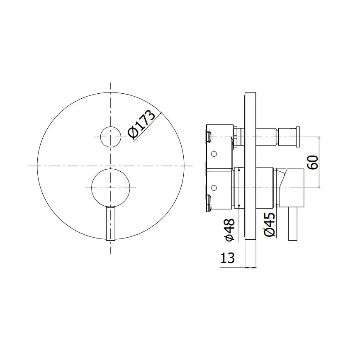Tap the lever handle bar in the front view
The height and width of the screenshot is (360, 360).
click(x=110, y=223)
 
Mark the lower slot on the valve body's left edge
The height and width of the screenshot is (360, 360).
click(x=209, y=202)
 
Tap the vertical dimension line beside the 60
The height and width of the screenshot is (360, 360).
click(x=320, y=162)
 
